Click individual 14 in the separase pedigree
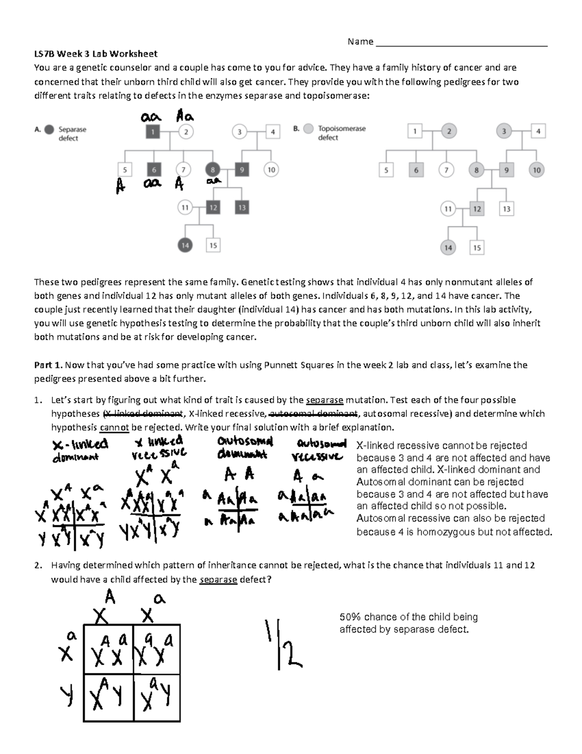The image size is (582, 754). pyautogui.click(x=185, y=245)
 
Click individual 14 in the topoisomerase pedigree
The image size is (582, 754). pyautogui.click(x=448, y=248)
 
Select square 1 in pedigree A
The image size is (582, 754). pyautogui.click(x=153, y=132)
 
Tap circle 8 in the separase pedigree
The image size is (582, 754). pyautogui.click(x=212, y=170)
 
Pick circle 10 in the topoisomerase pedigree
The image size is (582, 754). pyautogui.click(x=536, y=170)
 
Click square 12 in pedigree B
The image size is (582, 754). pyautogui.click(x=477, y=209)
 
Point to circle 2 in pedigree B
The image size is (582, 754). pyautogui.click(x=449, y=131)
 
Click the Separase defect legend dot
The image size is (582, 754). pyautogui.click(x=49, y=130)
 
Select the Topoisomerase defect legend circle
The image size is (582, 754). pyautogui.click(x=308, y=129)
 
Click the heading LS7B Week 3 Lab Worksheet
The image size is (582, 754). pyautogui.click(x=96, y=53)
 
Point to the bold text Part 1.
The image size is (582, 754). pyautogui.click(x=48, y=365)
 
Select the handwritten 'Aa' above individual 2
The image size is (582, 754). pyautogui.click(x=185, y=117)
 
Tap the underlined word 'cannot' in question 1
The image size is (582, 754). pyautogui.click(x=114, y=427)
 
